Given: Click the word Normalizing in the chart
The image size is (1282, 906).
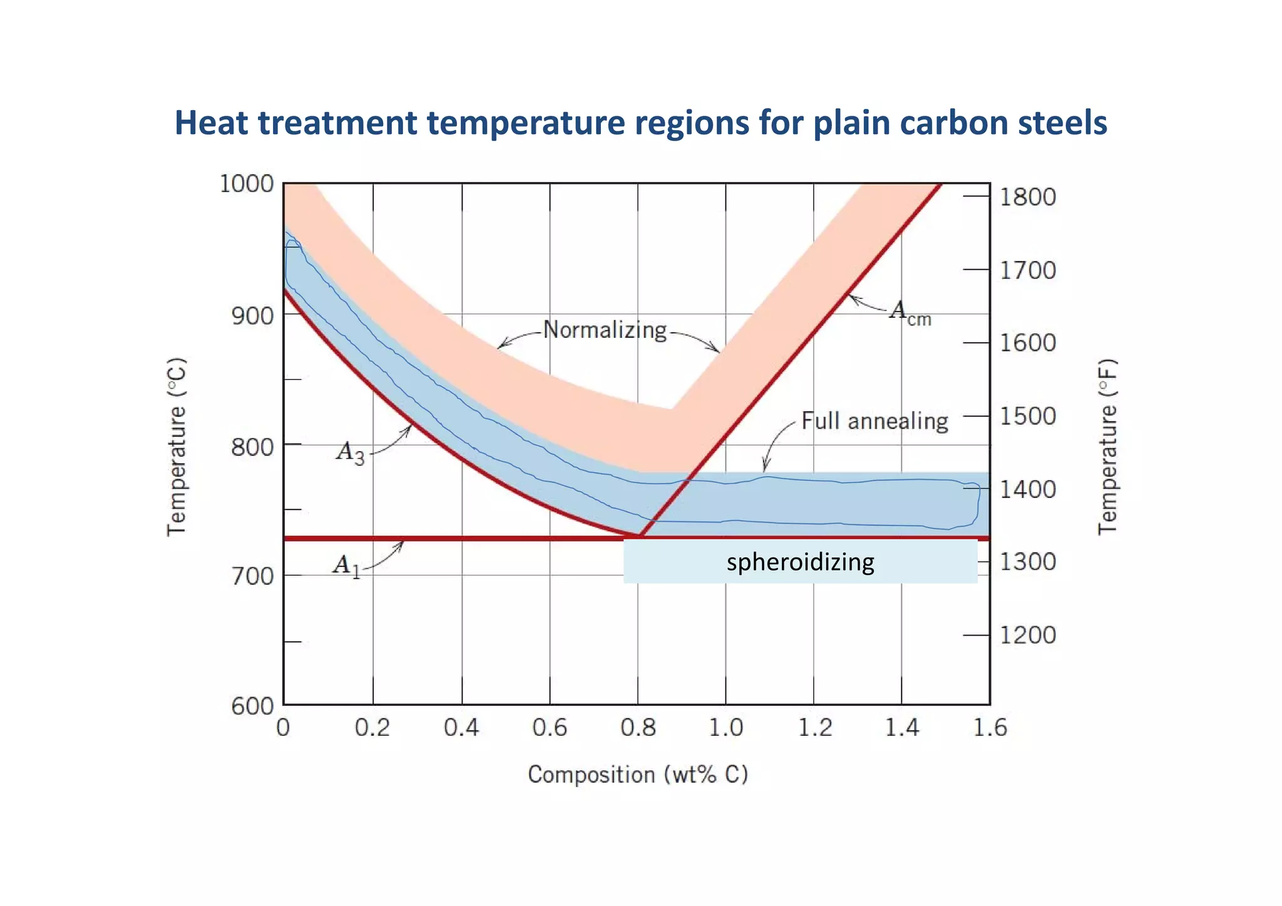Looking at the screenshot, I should click(x=605, y=330).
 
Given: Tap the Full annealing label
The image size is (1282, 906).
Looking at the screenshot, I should click(x=874, y=421).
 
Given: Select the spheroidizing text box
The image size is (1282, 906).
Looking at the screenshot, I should click(x=800, y=562).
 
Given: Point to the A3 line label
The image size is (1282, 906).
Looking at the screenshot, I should click(x=350, y=452).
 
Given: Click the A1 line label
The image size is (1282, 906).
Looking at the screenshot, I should click(x=347, y=566).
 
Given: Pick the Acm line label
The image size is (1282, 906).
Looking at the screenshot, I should click(x=910, y=312).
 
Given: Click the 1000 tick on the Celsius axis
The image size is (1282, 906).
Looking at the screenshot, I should click(x=247, y=184).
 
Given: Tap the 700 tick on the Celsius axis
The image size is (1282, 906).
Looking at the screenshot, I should click(x=252, y=576).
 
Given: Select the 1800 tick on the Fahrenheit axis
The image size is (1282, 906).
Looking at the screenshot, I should click(x=1027, y=197).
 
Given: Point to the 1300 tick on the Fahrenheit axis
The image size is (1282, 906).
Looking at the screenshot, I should click(x=1027, y=562).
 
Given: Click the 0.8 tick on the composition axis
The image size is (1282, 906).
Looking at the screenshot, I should click(x=638, y=728).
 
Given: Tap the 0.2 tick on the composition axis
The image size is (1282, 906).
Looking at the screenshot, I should click(x=372, y=728).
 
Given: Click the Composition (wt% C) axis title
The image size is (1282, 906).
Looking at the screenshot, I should click(x=638, y=775).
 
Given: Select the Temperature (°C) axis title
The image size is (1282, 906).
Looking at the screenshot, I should click(x=177, y=447).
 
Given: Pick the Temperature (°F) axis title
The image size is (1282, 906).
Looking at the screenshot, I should click(x=1107, y=447).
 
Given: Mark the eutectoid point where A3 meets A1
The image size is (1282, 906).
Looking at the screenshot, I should click(x=639, y=536).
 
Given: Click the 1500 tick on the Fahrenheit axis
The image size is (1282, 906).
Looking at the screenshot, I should click(x=1027, y=416).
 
